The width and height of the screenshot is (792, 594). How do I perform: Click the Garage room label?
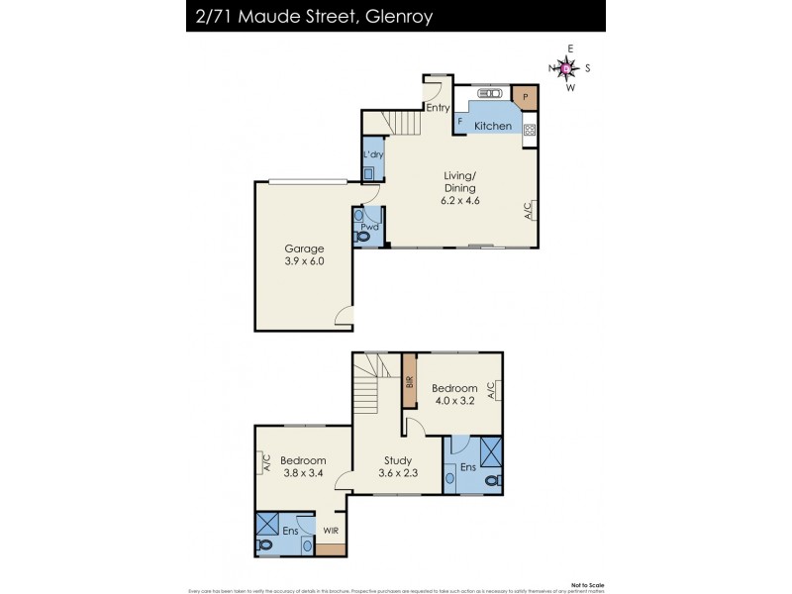[x=304, y=248]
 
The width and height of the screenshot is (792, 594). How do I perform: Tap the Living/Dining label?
[x=460, y=181]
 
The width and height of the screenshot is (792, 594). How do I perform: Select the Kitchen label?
[x=492, y=126]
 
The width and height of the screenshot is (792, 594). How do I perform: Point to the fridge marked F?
[x=460, y=122]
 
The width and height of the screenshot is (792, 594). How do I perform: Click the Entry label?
[x=438, y=108]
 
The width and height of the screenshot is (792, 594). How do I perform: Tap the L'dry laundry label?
[x=373, y=155]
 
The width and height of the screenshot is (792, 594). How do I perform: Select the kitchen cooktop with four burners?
[x=530, y=129]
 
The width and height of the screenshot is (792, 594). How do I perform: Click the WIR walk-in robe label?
[x=330, y=531]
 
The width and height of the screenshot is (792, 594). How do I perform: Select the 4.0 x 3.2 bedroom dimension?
[x=455, y=401]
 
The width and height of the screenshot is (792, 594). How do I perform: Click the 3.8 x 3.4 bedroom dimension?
[x=302, y=473]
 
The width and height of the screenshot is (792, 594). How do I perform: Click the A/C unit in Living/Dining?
[x=528, y=210]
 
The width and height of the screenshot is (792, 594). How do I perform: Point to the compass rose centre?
[x=565, y=68]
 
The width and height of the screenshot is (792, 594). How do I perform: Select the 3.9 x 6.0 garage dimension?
[x=304, y=261]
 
